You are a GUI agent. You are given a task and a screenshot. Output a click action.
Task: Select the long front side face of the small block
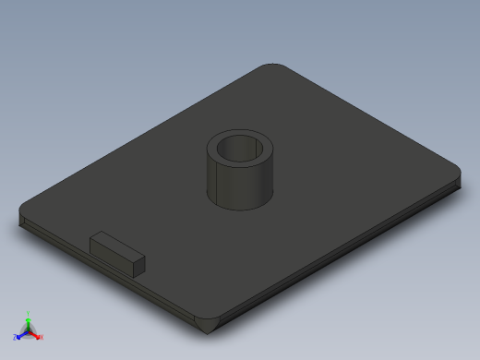[x=111, y=254]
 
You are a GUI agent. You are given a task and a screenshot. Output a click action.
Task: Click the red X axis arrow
[x=37, y=334]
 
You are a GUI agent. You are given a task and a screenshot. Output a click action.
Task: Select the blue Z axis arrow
[x=20, y=334]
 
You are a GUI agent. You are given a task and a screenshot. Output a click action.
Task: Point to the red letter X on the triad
[x=42, y=338]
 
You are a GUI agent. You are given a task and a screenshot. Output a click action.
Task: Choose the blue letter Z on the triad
[x=15, y=338]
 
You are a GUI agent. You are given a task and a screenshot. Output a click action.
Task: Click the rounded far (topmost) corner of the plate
[x=274, y=67]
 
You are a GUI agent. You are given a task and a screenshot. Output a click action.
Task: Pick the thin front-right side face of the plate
[x=342, y=254]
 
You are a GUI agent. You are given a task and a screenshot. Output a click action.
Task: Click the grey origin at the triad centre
[x=29, y=330]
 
